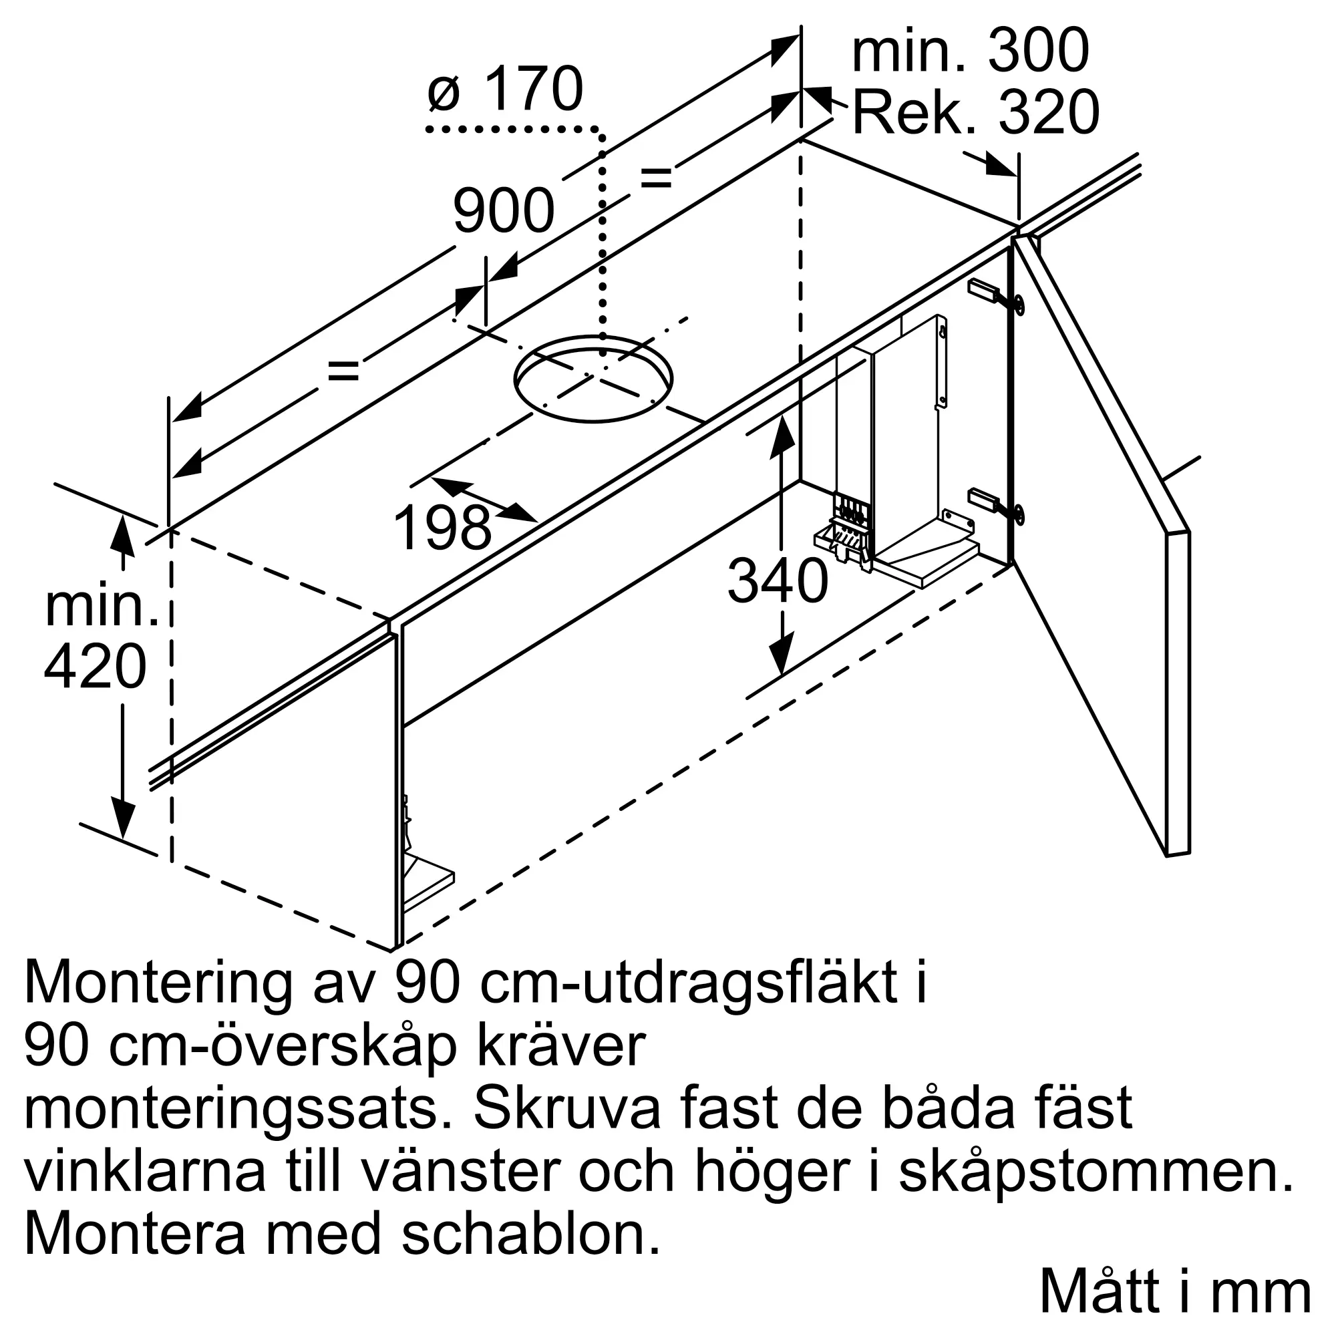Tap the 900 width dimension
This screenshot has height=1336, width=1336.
(504, 210)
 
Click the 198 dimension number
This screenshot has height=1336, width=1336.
(443, 528)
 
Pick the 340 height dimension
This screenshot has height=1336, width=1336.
(778, 581)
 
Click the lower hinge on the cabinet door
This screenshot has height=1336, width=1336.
(996, 504)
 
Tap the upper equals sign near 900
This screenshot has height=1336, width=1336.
(655, 178)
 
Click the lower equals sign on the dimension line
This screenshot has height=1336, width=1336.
(343, 371)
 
